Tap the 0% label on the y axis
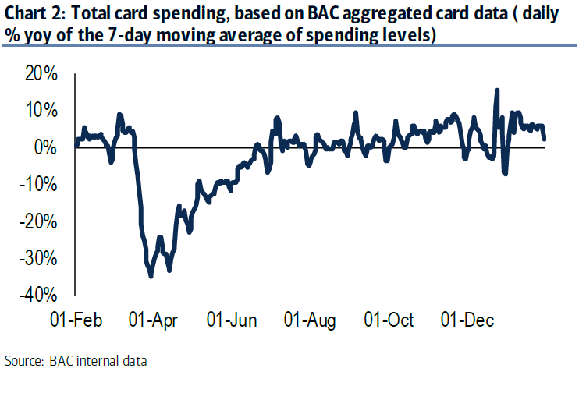[x=44, y=147]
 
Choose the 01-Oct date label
[x=389, y=321]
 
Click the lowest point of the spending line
[x=151, y=275]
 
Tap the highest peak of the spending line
[x=497, y=90]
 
